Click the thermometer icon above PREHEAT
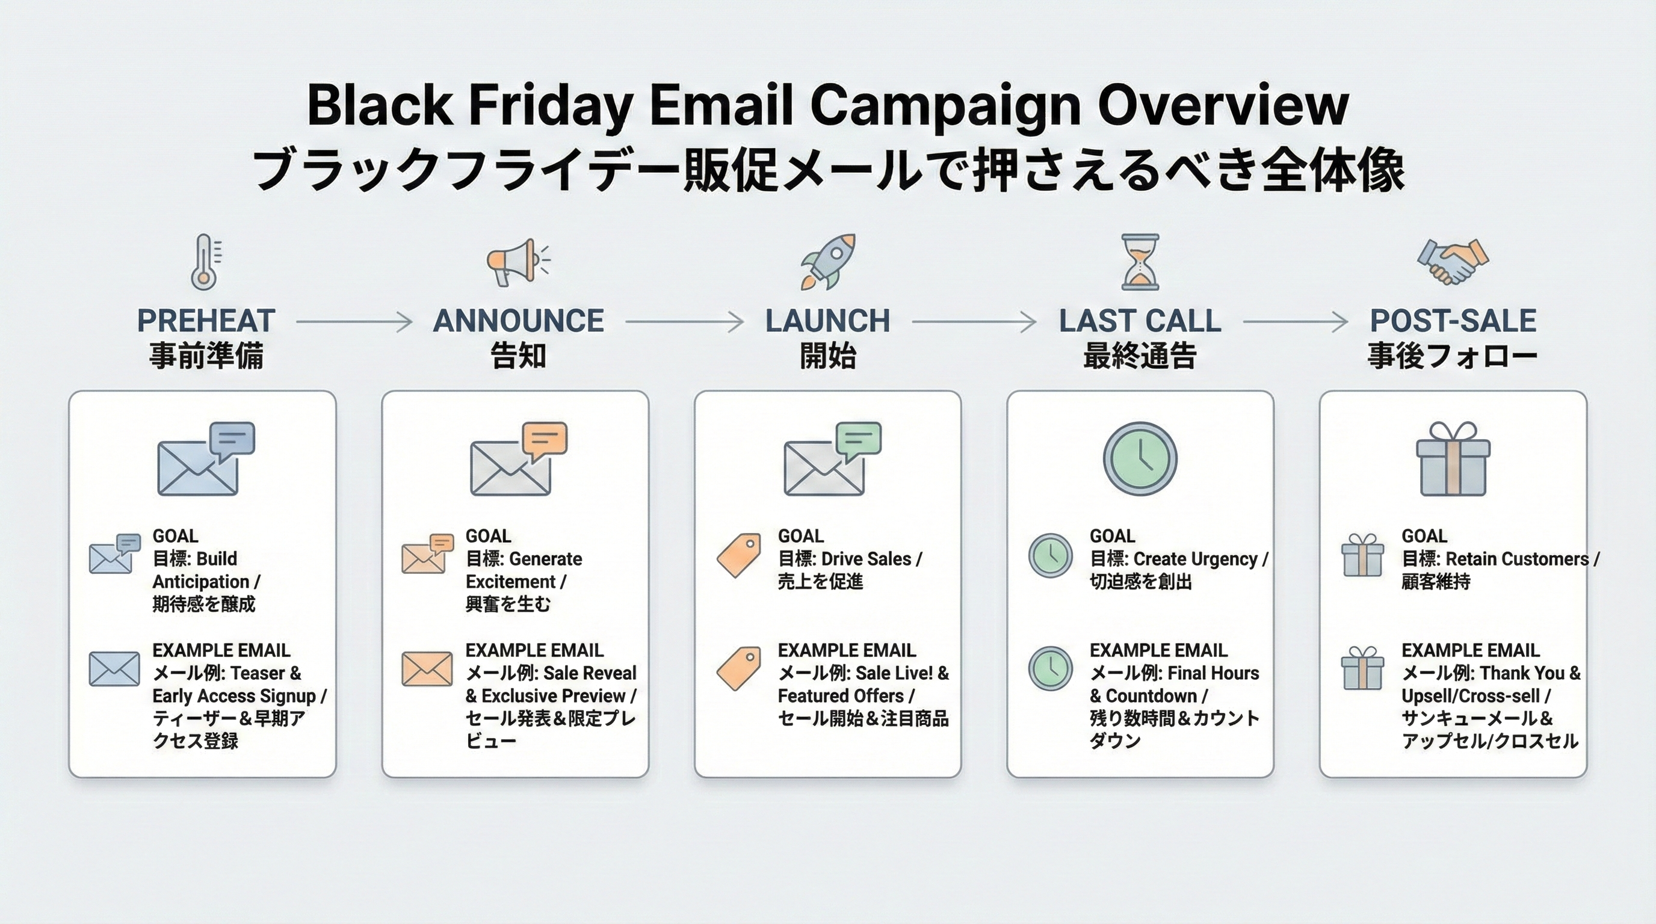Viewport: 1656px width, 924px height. click(x=205, y=262)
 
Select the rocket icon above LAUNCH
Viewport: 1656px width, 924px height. click(x=828, y=262)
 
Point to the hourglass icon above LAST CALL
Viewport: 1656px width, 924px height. click(x=1140, y=262)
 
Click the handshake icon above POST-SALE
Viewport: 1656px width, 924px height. click(x=1453, y=262)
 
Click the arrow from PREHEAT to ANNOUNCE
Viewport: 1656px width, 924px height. click(x=354, y=321)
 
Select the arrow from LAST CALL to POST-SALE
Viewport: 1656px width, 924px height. click(x=1295, y=321)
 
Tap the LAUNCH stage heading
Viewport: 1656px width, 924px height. click(x=827, y=321)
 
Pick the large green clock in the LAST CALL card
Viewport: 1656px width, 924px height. click(x=1140, y=459)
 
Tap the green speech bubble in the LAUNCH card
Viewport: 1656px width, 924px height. click(x=858, y=439)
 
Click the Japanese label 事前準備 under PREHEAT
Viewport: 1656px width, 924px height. click(x=206, y=356)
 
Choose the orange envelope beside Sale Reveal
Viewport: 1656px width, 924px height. click(x=427, y=668)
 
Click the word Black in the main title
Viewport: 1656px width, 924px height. click(x=379, y=105)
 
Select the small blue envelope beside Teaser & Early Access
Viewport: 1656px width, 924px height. click(x=114, y=668)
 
